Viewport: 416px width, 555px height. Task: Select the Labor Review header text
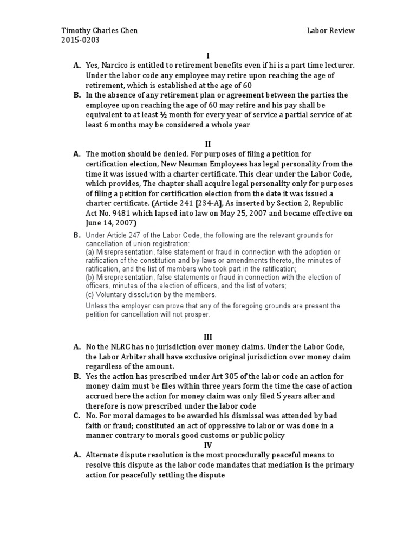click(x=330, y=30)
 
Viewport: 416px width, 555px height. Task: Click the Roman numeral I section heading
click(x=208, y=55)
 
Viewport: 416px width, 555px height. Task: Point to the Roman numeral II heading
click(x=207, y=144)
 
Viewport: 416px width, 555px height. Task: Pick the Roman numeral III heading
click(x=207, y=337)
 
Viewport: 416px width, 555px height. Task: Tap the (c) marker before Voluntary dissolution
click(x=90, y=295)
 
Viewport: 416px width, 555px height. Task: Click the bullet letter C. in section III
click(x=77, y=416)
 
